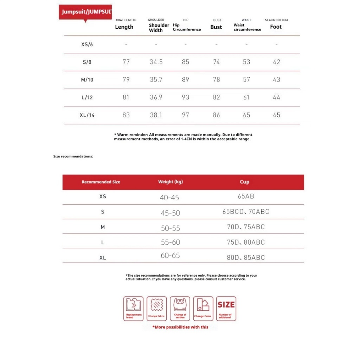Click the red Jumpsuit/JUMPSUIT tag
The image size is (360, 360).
coord(85,12)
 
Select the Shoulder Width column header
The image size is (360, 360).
coord(159,28)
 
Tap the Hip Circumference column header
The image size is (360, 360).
coord(187,27)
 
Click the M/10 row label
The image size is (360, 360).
coord(87,80)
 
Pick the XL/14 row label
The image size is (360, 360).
coord(87,115)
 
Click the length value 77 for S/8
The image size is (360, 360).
coord(126,62)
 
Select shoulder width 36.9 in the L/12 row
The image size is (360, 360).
coord(156,97)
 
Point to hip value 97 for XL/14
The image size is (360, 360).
coord(186,115)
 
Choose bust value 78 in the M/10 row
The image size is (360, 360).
coord(216,80)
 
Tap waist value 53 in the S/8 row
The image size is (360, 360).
coord(246,62)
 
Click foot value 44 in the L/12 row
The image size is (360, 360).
coord(277,97)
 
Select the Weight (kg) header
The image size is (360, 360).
coord(171,182)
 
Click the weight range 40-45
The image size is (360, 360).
coord(169,198)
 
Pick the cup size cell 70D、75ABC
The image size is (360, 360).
coord(246,227)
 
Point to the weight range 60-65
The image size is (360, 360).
coord(170,256)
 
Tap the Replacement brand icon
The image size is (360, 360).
coord(134,308)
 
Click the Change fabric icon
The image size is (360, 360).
coord(156,308)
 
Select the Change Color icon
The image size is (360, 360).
coord(203,308)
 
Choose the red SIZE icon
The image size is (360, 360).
coord(226,308)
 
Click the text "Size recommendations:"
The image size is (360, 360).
coord(73,156)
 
